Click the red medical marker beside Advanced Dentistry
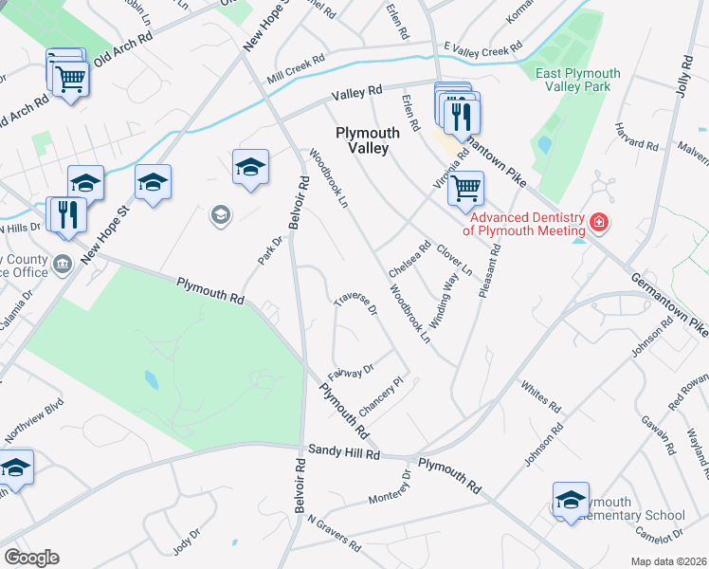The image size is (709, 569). pyautogui.click(x=598, y=224)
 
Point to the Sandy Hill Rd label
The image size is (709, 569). pyautogui.click(x=342, y=454)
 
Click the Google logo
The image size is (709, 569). pyautogui.click(x=31, y=558)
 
